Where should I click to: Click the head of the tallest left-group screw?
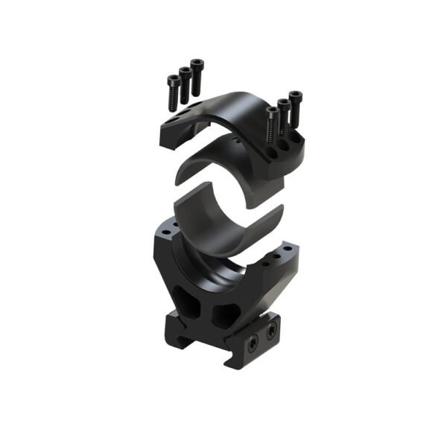197,64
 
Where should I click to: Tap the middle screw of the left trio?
184,73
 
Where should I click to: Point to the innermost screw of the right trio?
272,114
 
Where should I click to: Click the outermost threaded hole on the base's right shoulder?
287,254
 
